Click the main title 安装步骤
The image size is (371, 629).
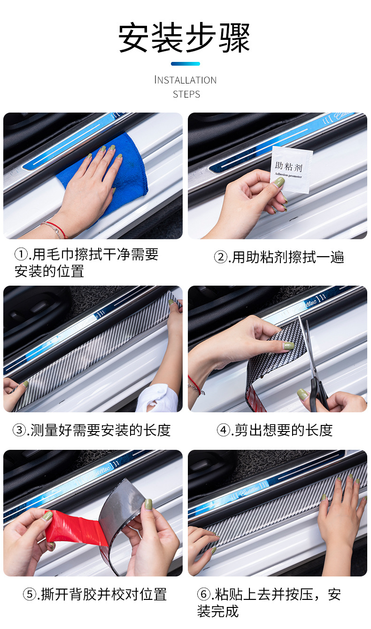pyautogui.click(x=185, y=38)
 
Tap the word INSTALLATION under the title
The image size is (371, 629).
pyautogui.click(x=185, y=80)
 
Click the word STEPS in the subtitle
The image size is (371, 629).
pyautogui.click(x=186, y=94)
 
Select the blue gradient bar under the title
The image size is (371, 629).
pyautogui.click(x=185, y=64)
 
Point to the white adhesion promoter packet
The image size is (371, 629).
pyautogui.click(x=292, y=169)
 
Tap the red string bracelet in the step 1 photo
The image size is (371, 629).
pyautogui.click(x=56, y=228)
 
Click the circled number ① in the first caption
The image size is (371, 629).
pyautogui.click(x=21, y=254)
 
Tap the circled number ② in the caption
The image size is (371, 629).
pyautogui.click(x=221, y=257)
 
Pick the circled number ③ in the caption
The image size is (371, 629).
pyautogui.click(x=19, y=430)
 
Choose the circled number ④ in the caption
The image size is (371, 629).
pyautogui.click(x=224, y=430)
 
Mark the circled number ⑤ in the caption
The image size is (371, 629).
pyautogui.click(x=30, y=594)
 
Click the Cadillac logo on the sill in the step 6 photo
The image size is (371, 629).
pyautogui.click(x=249, y=490)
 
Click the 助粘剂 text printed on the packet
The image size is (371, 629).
pyautogui.click(x=289, y=166)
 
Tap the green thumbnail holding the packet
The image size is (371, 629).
pyautogui.click(x=279, y=182)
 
